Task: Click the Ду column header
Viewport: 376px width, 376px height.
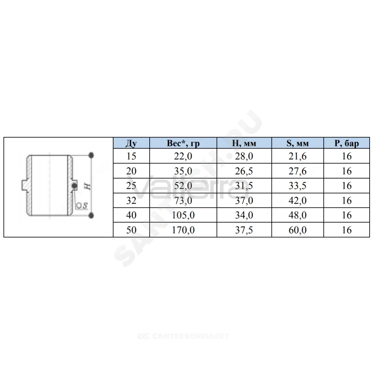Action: click(x=131, y=143)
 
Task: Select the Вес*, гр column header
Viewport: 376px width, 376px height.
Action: click(x=183, y=143)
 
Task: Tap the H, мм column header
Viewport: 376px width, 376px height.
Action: click(x=244, y=143)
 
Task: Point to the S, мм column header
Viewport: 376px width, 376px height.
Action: click(x=297, y=143)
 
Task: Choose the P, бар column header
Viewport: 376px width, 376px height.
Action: click(x=347, y=143)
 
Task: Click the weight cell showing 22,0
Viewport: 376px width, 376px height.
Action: click(x=183, y=156)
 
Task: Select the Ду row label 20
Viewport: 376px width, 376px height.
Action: click(x=131, y=171)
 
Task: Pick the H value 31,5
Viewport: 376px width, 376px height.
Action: click(x=244, y=186)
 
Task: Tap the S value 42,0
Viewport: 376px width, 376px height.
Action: click(x=297, y=200)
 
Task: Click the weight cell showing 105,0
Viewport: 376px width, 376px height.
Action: click(x=183, y=215)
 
